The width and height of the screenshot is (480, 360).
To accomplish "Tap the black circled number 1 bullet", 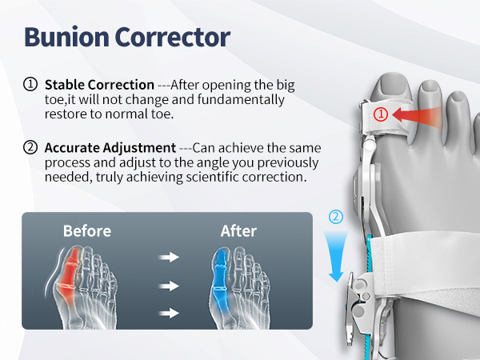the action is [x=30, y=84].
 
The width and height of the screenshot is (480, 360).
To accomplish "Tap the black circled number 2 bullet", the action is [x=30, y=148].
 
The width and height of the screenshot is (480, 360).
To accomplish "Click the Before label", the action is [x=87, y=231].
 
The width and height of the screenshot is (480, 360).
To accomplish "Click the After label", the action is [x=238, y=231].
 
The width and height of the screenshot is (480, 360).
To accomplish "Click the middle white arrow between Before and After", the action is [x=168, y=286].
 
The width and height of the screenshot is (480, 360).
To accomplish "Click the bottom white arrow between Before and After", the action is [x=168, y=313].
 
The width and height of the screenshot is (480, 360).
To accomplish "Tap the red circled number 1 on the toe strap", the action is [x=382, y=114].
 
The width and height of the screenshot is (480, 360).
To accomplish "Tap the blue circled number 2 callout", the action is [x=336, y=216].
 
